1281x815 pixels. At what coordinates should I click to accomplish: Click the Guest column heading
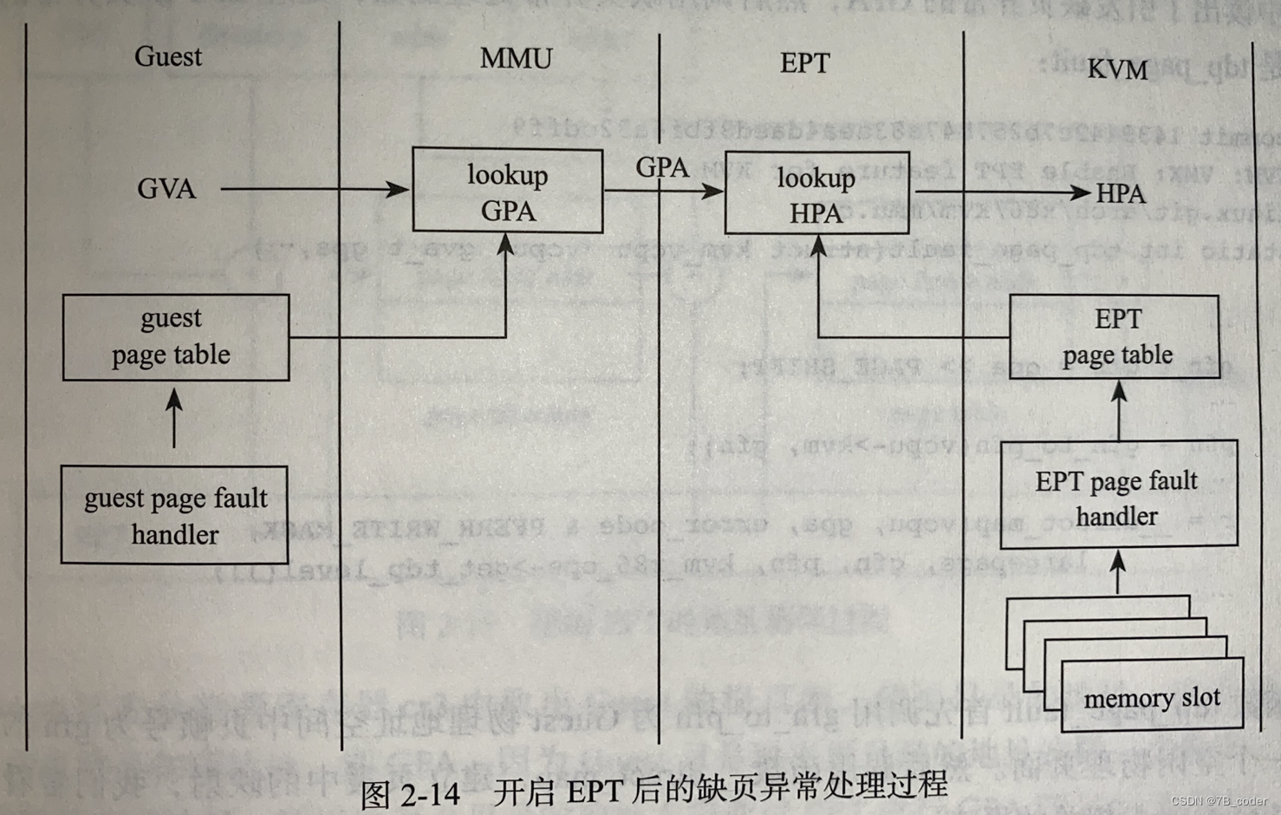point(168,57)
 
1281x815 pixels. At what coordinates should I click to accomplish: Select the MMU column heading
point(516,59)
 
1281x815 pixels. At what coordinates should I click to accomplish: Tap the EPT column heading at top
point(804,63)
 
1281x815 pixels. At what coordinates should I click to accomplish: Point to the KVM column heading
point(1117,69)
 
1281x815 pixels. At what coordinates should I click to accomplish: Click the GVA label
point(166,189)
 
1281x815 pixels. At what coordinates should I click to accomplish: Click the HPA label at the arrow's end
point(1121,194)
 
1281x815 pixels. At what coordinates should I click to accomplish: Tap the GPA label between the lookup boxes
point(662,167)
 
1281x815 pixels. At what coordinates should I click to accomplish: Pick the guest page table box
point(175,337)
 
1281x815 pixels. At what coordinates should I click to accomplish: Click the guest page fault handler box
point(174,515)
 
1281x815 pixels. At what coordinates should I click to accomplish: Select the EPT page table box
point(1116,336)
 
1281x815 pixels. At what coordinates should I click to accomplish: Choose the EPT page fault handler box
point(1117,497)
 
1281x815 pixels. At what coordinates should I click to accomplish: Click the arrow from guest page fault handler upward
point(174,418)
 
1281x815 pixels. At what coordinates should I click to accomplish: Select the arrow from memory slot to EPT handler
point(1118,572)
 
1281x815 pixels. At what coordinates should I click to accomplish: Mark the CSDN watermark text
point(1218,801)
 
